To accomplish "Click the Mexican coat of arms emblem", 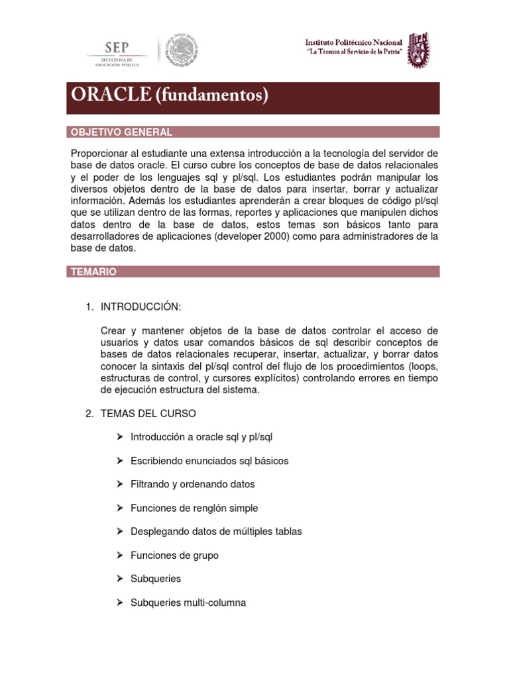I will pyautogui.click(x=182, y=51).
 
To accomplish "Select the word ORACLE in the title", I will pyautogui.click(x=111, y=96).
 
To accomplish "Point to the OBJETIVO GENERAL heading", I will pyautogui.click(x=121, y=132).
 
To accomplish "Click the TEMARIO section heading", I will pyautogui.click(x=94, y=271).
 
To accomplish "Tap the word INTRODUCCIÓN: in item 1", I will pyautogui.click(x=141, y=307).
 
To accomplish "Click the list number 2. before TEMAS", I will pyautogui.click(x=89, y=413).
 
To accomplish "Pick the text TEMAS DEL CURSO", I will pyautogui.click(x=148, y=413).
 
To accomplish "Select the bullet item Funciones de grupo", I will pyautogui.click(x=174, y=555).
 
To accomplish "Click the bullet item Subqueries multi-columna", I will pyautogui.click(x=188, y=603).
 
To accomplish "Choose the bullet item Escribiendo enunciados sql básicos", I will pyautogui.click(x=209, y=460).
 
